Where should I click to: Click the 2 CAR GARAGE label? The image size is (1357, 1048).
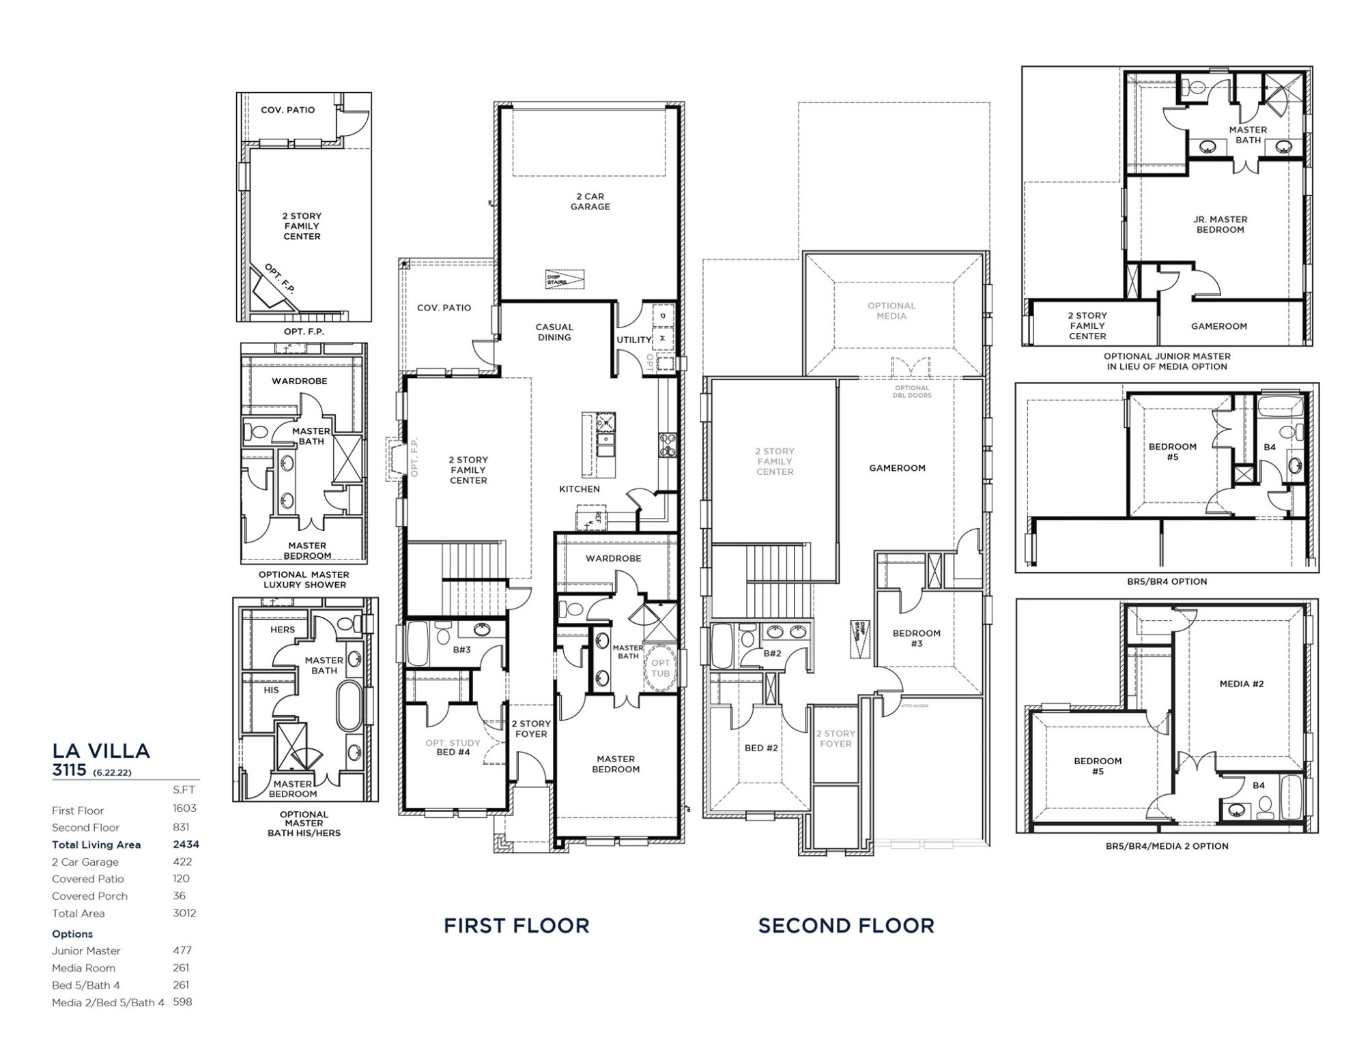(590, 201)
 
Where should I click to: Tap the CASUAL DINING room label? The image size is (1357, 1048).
(554, 332)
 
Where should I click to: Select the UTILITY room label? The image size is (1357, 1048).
(634, 340)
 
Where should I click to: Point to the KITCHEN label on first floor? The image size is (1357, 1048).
(580, 489)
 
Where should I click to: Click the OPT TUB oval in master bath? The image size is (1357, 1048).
(660, 668)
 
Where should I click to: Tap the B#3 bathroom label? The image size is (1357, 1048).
(462, 650)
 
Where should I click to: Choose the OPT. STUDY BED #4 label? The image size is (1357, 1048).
(453, 748)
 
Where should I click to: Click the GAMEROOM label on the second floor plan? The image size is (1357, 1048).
(897, 468)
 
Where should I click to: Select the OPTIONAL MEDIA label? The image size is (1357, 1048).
(891, 311)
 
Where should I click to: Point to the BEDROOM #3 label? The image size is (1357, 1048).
(916, 638)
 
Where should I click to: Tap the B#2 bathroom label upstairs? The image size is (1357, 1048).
(772, 654)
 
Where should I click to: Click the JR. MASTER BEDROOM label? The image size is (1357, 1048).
(1220, 224)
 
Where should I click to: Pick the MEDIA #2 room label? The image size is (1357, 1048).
(1242, 684)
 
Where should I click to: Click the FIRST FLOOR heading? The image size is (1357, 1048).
(516, 926)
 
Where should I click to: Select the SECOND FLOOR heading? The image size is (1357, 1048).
(846, 926)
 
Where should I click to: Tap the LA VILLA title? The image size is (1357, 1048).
(101, 751)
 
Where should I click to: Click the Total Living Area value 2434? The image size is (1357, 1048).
(186, 845)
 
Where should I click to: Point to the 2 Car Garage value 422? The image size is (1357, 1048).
(182, 862)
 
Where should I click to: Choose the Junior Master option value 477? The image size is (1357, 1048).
(182, 950)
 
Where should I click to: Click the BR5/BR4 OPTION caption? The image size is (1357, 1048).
(1167, 582)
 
